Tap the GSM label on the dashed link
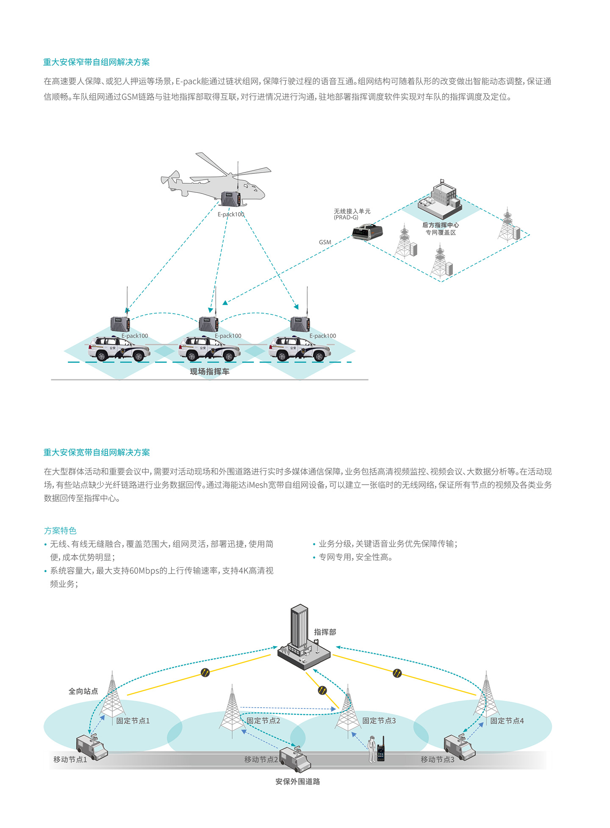(x=325, y=242)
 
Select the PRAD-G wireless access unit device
(x=367, y=232)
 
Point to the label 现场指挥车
(x=209, y=372)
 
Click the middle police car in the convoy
(x=209, y=348)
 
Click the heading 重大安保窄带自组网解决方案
(x=96, y=62)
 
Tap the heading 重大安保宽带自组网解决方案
(x=97, y=452)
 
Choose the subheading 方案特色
(x=60, y=531)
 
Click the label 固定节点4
(x=507, y=721)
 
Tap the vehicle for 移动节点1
(x=91, y=747)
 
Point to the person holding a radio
(x=373, y=749)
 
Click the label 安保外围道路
(x=297, y=781)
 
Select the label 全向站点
(x=83, y=691)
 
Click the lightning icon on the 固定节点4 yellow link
(x=397, y=673)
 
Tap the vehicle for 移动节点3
(x=459, y=747)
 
